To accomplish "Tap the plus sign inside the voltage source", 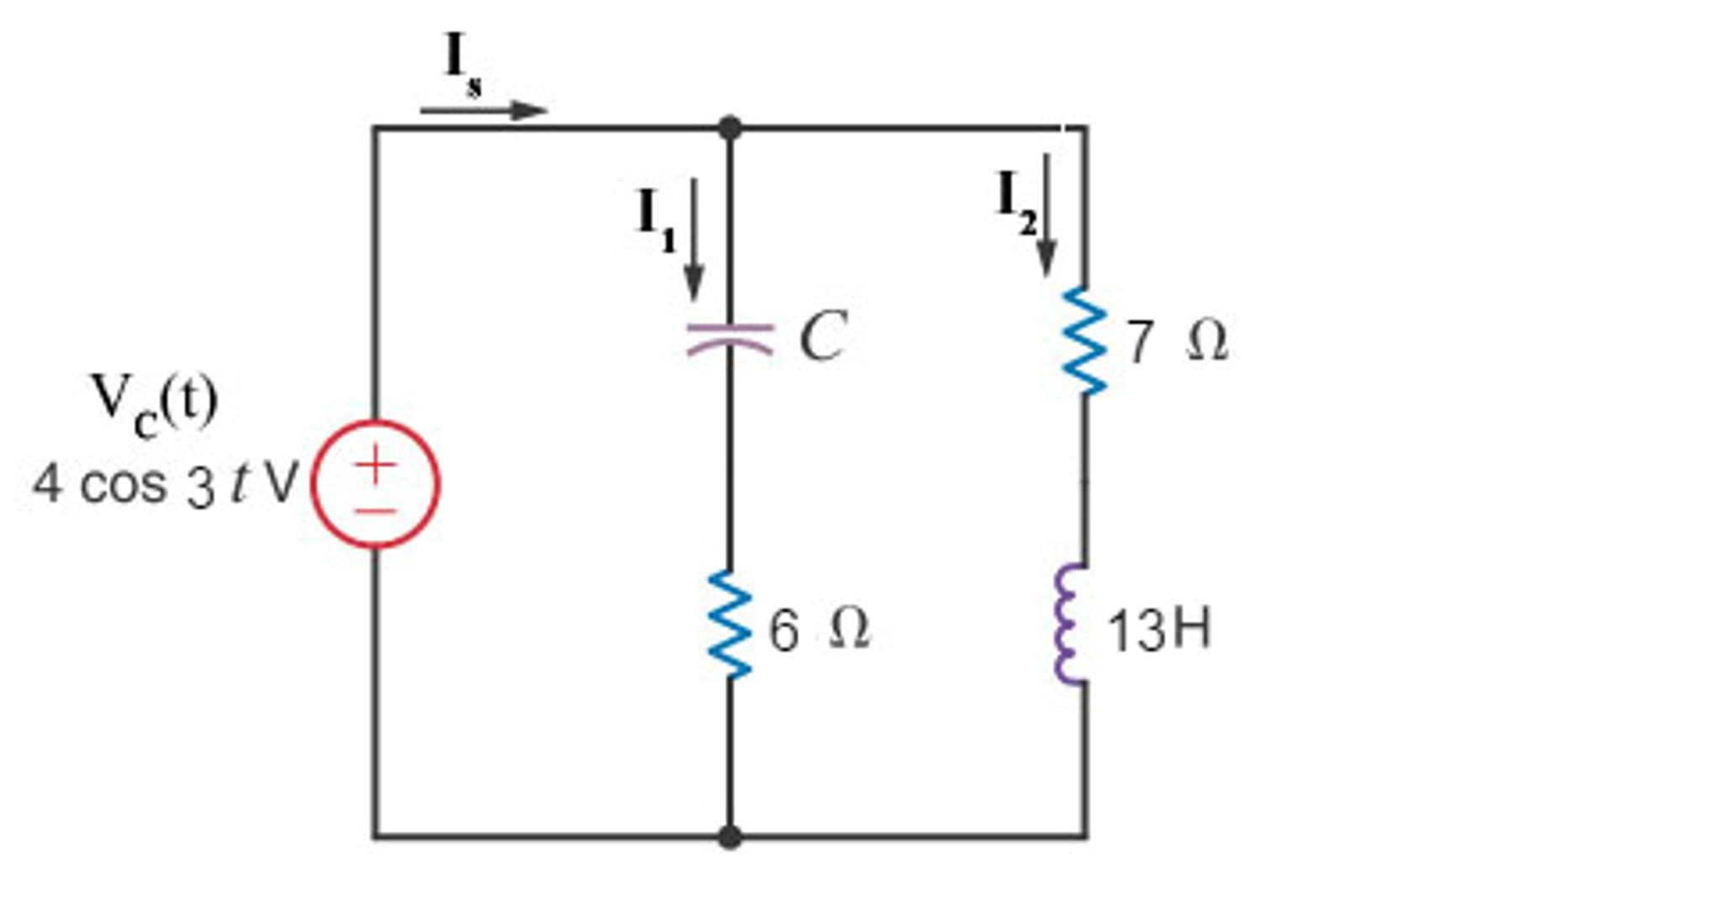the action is coord(376,464).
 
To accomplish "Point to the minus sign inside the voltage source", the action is coord(376,509).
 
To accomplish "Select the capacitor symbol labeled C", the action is coord(730,338).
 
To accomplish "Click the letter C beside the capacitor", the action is coord(822,335).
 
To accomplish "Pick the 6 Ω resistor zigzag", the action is coord(730,624).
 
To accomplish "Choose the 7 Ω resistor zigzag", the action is coord(1084,340).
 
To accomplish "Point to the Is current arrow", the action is coord(483,109).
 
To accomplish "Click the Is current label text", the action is coord(463,64).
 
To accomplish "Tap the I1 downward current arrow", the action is coord(694,240).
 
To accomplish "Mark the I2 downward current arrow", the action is coord(1046,214).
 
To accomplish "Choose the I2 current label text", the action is coord(1016,203).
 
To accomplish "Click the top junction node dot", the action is coord(730,129).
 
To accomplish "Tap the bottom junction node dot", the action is coord(730,837).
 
